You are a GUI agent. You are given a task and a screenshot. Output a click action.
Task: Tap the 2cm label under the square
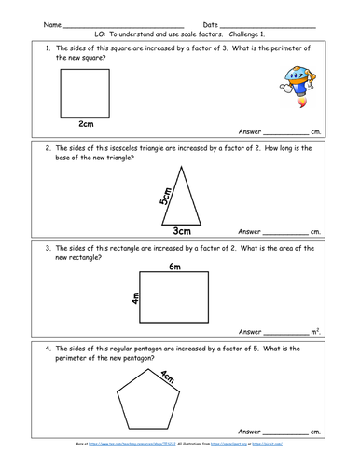click(87, 123)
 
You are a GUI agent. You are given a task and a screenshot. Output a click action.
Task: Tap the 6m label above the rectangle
click(174, 267)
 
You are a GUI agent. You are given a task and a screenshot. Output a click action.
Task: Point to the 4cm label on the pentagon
click(193, 379)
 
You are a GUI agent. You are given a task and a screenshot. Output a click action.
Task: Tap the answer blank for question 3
click(285, 332)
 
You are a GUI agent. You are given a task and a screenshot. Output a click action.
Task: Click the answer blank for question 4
click(285, 433)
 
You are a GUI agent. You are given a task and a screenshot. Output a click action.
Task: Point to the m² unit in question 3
click(315, 330)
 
